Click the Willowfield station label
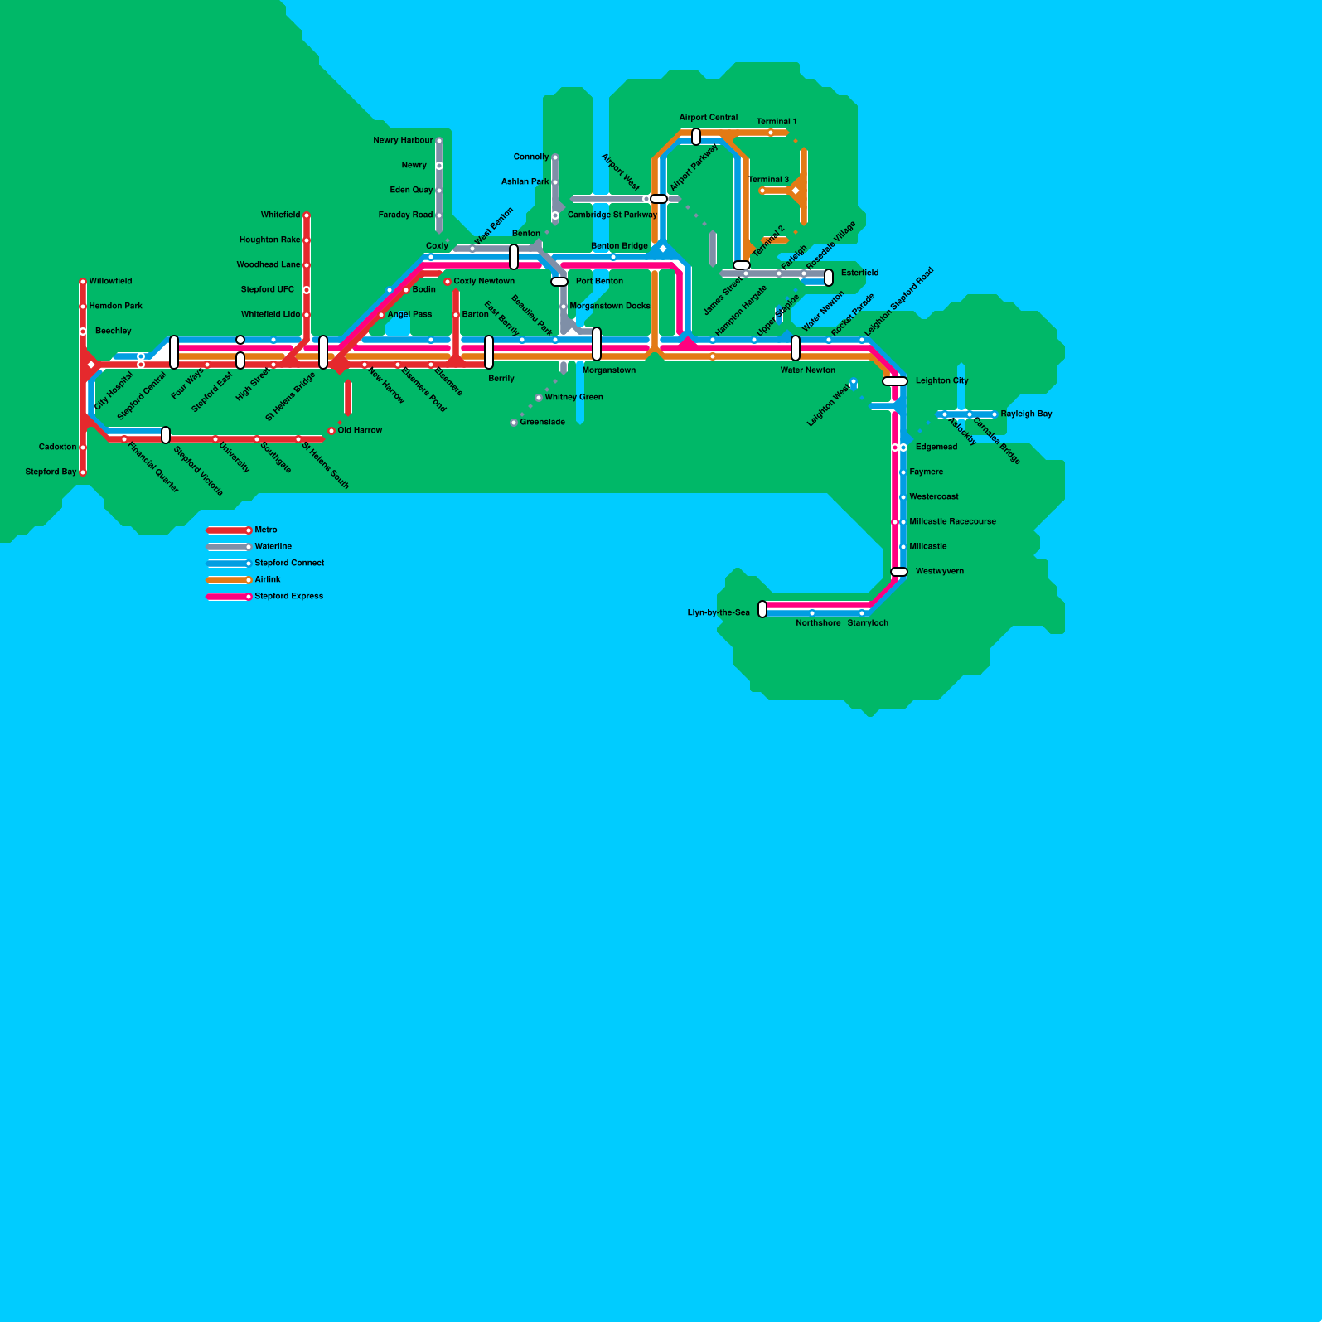[x=110, y=281]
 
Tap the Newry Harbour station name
[x=403, y=140]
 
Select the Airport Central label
[x=709, y=118]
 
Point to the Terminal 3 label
[x=769, y=180]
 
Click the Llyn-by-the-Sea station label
[x=719, y=613]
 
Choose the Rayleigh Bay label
[x=1026, y=414]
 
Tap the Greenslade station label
[x=542, y=423]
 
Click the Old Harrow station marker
[x=331, y=431]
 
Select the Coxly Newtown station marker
[x=448, y=282]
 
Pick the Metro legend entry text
[x=266, y=530]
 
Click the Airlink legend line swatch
[x=229, y=580]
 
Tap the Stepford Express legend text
[x=289, y=596]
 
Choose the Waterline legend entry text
[x=273, y=546]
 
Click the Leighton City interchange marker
[x=895, y=381]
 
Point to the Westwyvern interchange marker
[x=899, y=572]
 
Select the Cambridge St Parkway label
[x=612, y=215]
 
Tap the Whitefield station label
[x=281, y=215]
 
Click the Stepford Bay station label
[x=51, y=472]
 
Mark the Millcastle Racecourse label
[x=953, y=521]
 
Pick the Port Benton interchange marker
[x=559, y=282]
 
